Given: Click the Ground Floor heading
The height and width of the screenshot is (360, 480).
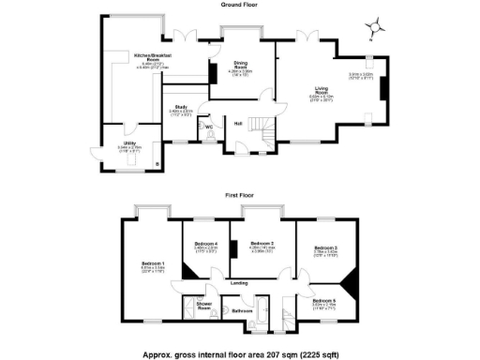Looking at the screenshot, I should coord(240,5).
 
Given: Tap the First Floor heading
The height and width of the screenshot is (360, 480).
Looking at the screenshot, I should coord(240,195).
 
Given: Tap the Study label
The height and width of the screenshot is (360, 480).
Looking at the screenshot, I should coord(181,108).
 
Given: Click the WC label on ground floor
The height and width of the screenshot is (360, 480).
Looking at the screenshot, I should coord(209,127).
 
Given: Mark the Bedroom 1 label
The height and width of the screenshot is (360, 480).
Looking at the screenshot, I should coord(153,262).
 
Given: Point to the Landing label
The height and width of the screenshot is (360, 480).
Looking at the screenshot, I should coord(240,282).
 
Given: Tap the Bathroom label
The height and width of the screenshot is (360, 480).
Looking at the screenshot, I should coord(242,310).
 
